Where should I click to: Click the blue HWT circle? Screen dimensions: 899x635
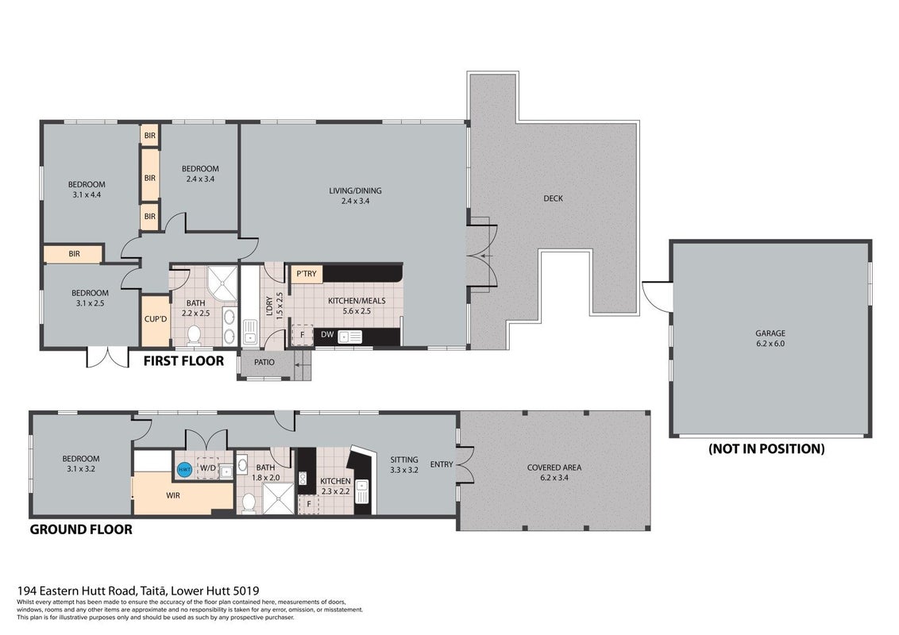tap(184, 470)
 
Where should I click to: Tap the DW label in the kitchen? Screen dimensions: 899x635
tap(327, 335)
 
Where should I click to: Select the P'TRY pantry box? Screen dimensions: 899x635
tap(307, 274)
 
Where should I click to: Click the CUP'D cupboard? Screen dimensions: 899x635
tap(156, 319)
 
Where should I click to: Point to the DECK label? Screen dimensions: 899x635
tap(554, 198)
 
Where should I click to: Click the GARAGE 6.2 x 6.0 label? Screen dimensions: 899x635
tap(770, 338)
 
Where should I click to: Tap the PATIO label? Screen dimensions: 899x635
tap(264, 362)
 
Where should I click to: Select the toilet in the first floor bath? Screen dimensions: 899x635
tap(194, 333)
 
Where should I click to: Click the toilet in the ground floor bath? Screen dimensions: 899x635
tap(249, 503)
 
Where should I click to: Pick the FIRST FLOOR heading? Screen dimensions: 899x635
tap(183, 361)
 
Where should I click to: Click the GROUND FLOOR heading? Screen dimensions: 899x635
tap(81, 529)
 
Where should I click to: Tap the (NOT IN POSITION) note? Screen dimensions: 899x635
tap(766, 448)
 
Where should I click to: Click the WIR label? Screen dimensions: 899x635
tap(173, 495)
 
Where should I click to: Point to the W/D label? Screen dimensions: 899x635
tap(207, 468)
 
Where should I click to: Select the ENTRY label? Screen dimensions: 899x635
tap(442, 464)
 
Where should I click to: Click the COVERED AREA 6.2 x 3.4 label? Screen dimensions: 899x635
tap(554, 472)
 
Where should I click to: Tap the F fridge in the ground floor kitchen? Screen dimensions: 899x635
tap(309, 504)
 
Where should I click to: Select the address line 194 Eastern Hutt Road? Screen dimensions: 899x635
tap(138, 591)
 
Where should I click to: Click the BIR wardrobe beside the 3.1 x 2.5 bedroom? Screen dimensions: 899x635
tap(74, 254)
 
